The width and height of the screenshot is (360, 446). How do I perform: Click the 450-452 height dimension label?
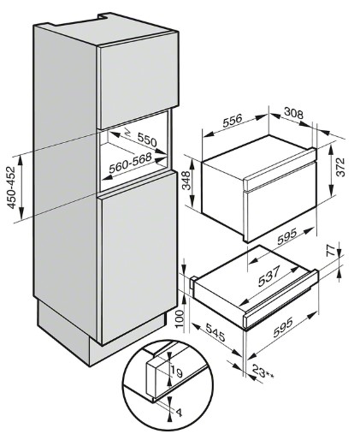click(12, 187)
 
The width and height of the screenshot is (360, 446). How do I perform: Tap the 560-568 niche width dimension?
click(130, 163)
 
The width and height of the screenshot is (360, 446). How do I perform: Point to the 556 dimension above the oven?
click(233, 121)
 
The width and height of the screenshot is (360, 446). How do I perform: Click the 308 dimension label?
click(293, 114)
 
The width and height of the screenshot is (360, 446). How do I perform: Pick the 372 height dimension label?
click(340, 167)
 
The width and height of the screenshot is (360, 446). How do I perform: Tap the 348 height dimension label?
click(186, 181)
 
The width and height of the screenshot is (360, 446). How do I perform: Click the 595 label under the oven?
click(287, 236)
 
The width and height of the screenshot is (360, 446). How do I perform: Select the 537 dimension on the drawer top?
click(269, 276)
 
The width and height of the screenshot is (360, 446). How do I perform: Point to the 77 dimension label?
click(330, 251)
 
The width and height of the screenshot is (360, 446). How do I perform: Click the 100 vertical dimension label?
click(180, 319)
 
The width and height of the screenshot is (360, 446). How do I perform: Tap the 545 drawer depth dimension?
click(215, 332)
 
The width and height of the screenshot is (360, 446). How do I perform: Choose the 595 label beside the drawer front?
click(283, 327)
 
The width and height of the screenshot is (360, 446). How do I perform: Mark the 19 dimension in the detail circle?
click(176, 372)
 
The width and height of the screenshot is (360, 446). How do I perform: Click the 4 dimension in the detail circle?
click(179, 413)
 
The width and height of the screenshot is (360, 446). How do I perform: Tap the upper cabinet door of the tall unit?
click(138, 80)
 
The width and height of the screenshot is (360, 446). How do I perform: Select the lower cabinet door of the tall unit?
click(138, 257)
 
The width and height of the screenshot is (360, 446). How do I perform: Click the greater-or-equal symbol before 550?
click(128, 132)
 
